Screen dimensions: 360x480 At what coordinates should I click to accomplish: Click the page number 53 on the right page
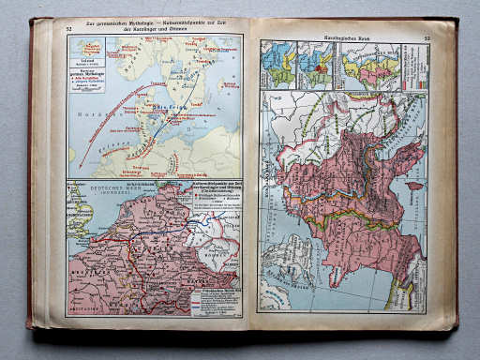pyautogui.click(x=427, y=38)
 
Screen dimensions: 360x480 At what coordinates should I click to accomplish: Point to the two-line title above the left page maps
pyautogui.click(x=156, y=27)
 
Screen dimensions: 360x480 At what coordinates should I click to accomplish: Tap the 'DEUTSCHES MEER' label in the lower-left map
pyautogui.click(x=94, y=198)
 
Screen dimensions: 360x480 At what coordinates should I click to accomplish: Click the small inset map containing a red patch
pyautogui.click(x=317, y=66)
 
